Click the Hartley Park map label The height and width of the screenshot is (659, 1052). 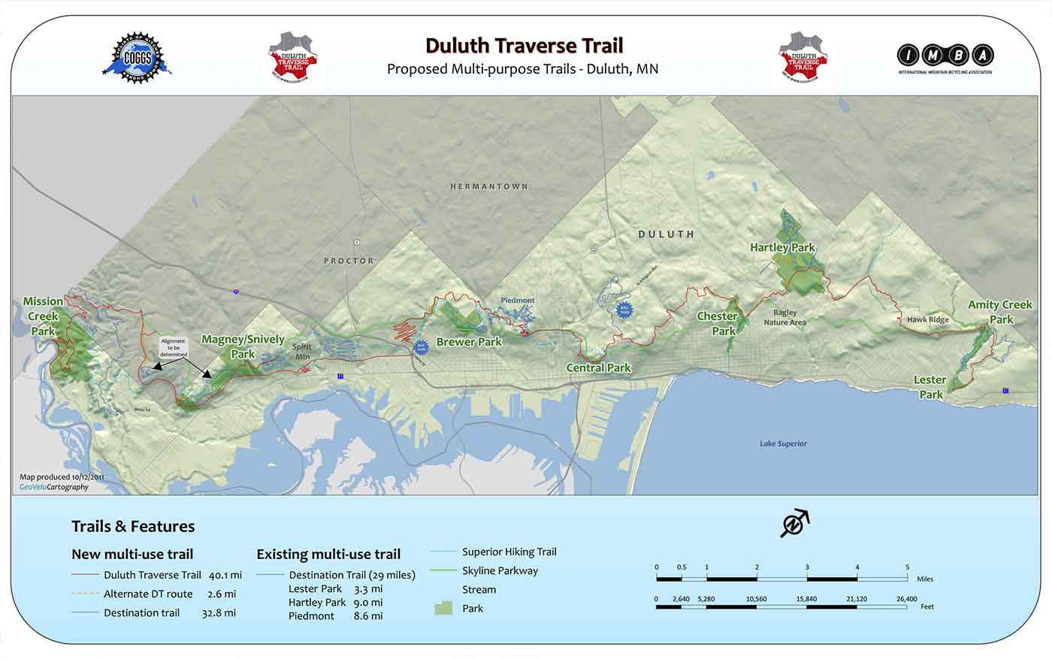coord(782,247)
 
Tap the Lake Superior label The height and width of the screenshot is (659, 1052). coord(783,443)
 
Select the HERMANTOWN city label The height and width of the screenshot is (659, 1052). coord(489,186)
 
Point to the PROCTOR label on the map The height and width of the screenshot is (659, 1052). coord(349,261)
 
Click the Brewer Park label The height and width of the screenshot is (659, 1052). coord(469,342)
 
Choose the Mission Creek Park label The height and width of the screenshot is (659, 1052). coord(43,316)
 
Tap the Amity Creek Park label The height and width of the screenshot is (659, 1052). coord(999,312)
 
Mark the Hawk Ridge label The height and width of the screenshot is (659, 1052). coord(927,319)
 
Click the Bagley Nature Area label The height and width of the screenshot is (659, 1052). coord(785,317)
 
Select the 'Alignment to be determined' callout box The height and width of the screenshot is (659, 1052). coord(174,348)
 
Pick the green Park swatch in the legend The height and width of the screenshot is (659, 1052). coord(443,608)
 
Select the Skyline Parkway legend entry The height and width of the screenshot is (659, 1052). coord(500,570)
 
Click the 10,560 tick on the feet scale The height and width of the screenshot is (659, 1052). coord(757,599)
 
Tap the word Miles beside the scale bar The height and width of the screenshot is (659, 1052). coord(925,579)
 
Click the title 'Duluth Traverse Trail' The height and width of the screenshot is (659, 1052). coord(524,46)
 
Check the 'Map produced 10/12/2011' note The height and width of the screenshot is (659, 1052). coord(62,477)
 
